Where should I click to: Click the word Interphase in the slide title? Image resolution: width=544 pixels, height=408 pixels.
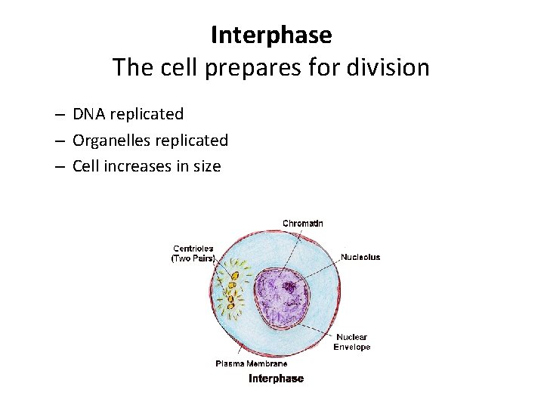271,35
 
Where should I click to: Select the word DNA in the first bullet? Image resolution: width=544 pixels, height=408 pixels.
89,114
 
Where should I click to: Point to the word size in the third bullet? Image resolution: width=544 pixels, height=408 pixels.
206,166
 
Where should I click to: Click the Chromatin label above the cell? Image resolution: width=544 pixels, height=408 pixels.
302,224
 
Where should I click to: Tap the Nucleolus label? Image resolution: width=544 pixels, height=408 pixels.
360,257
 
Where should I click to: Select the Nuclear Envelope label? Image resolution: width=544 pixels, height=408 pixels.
352,342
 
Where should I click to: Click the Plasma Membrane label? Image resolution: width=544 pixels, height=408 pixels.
252,363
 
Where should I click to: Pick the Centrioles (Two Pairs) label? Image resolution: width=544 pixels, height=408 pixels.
193,254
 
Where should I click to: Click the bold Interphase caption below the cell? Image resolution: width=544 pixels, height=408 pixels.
276,379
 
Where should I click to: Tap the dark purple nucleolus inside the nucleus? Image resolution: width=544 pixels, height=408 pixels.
289,287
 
